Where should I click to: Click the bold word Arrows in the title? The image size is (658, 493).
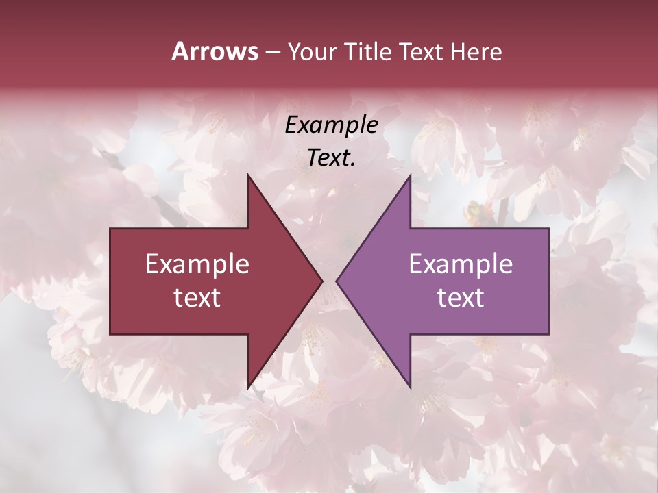tap(215, 51)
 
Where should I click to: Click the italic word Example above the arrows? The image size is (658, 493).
tap(331, 125)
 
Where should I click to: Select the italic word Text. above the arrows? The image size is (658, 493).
tap(331, 157)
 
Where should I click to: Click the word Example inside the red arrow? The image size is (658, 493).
tap(197, 264)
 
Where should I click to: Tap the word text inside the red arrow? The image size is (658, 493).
tap(197, 298)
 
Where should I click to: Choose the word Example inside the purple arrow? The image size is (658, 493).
tap(461, 264)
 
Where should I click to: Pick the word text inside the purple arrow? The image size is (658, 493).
tap(461, 298)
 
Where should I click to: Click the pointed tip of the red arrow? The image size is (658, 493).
tap(321, 281)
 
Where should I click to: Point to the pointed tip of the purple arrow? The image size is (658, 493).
tap(337, 281)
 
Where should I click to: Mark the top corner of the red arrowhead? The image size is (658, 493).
tap(248, 175)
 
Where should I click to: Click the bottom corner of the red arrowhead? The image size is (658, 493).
tap(248, 388)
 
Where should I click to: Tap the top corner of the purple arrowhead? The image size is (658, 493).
tap(410, 175)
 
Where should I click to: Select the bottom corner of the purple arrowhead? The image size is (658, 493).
tap(410, 388)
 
